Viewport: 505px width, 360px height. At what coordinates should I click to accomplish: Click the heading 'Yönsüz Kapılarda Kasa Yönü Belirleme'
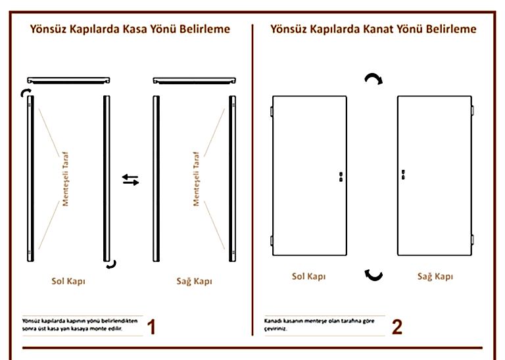coord(130,30)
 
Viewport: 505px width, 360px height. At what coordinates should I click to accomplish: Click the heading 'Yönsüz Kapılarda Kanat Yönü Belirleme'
coord(373,30)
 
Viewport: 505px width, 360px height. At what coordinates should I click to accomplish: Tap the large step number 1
coord(151,326)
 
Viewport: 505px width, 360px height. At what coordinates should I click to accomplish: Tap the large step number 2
coord(397,326)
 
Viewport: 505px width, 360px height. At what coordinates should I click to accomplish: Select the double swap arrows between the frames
coord(131,180)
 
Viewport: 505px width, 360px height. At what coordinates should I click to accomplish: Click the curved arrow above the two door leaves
coord(373,80)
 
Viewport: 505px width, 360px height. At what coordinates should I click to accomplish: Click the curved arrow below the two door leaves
coord(373,274)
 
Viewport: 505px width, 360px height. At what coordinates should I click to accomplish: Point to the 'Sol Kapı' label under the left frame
coord(68,281)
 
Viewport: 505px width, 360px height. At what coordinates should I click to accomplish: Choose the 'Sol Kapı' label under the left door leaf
coord(308,276)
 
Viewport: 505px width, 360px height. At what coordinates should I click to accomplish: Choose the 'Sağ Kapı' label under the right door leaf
coord(435,276)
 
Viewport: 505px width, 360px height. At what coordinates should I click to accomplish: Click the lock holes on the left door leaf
coord(341,176)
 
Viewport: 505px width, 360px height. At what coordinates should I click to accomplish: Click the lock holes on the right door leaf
coord(402,175)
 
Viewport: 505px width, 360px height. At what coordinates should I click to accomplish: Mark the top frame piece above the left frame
coord(68,80)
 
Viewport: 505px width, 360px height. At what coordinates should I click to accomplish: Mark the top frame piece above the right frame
coord(194,80)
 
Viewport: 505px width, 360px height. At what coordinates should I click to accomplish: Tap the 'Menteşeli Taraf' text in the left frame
coord(66,178)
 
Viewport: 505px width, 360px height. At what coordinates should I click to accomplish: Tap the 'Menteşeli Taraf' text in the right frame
coord(196,178)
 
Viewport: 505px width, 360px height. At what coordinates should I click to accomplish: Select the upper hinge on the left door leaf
coord(272,112)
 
